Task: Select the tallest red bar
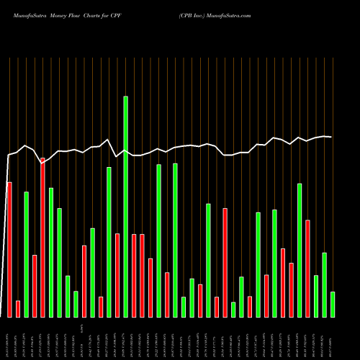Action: pos(42,238)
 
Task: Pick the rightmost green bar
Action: pos(333,305)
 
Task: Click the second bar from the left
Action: pos(18,309)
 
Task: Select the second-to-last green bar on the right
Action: pos(324,285)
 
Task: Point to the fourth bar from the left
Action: pos(35,286)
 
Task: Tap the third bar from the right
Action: pos(316,296)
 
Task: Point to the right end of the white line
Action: pos(331,137)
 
